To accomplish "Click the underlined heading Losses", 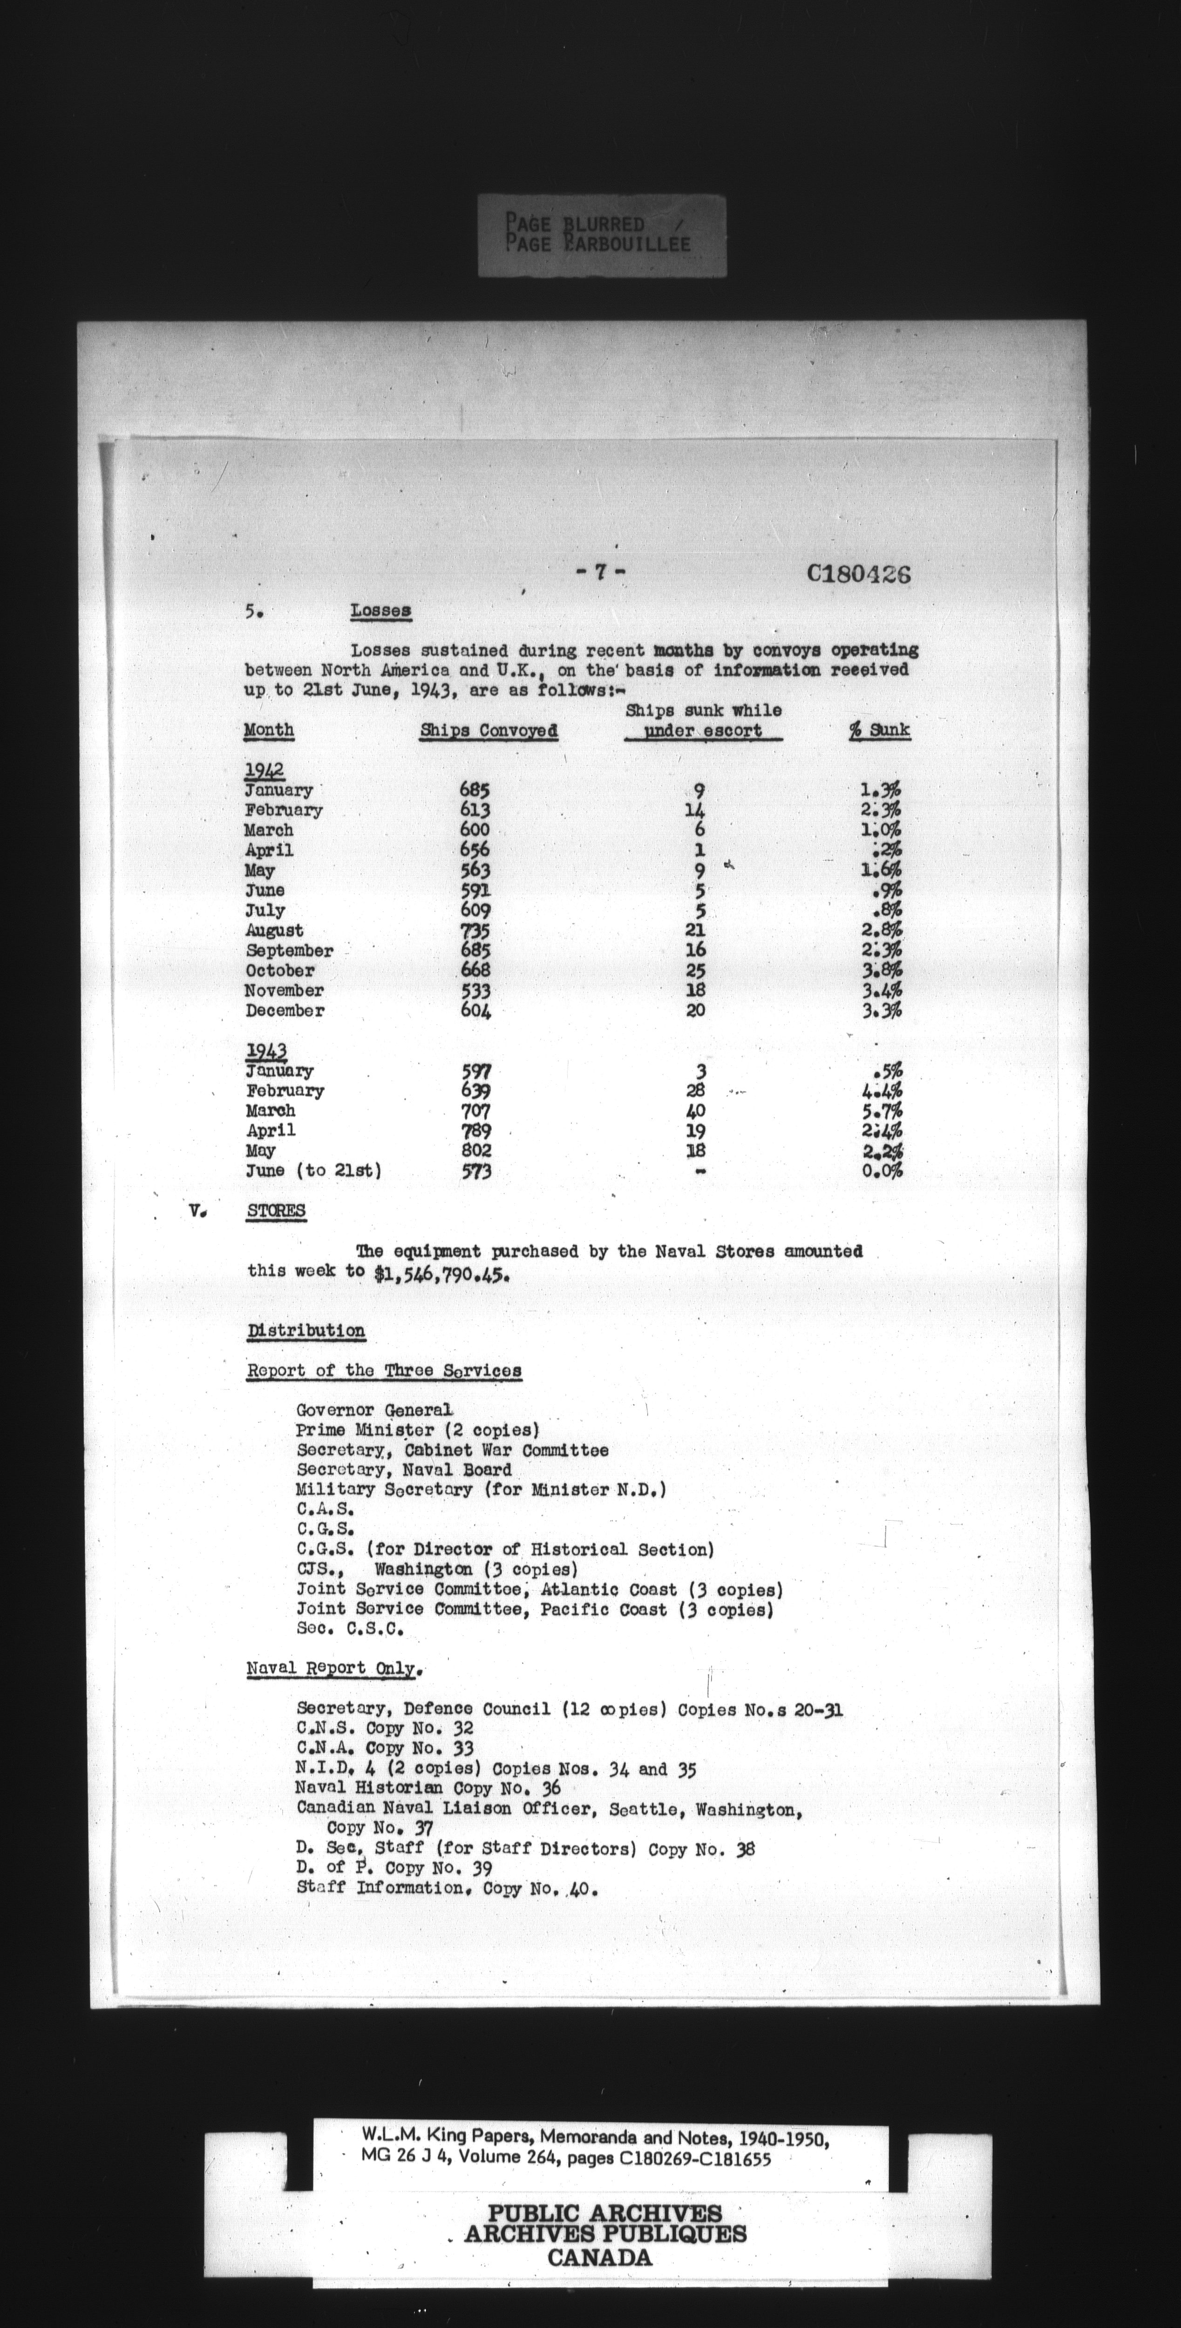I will (380, 611).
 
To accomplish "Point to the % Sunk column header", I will (879, 730).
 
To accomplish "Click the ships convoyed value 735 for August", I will (475, 931).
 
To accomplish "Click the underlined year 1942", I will (265, 771).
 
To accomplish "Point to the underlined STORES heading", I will (276, 1211).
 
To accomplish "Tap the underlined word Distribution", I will (306, 1331).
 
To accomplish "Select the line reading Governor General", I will (374, 1410).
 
